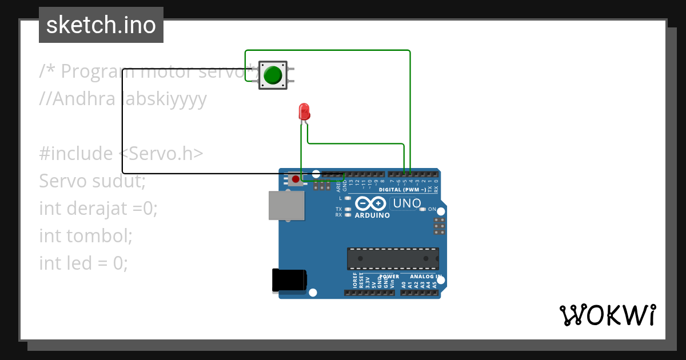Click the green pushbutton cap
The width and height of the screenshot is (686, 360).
273,75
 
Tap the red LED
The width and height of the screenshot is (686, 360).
304,111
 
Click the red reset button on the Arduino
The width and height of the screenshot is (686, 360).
295,179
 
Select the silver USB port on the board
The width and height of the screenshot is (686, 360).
286,205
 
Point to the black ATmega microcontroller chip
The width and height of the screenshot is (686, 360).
393,258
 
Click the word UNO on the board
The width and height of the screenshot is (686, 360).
407,203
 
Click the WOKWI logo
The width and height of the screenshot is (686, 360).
607,315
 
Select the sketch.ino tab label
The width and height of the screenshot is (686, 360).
101,25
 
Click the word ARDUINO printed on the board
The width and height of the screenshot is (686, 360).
372,215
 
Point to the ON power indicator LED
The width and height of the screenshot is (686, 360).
423,209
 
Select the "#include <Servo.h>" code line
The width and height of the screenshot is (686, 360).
121,154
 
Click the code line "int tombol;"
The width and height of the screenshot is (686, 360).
86,235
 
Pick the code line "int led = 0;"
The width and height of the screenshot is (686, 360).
83,263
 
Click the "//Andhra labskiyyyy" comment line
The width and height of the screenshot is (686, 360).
123,99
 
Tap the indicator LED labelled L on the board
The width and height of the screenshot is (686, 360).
348,198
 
